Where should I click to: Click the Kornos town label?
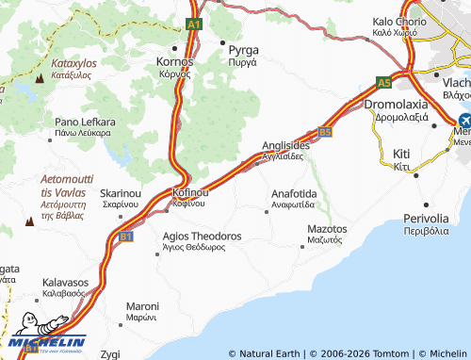click(173, 61)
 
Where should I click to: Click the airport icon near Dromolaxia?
click(464, 121)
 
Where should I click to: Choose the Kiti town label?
click(401, 153)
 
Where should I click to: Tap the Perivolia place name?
click(423, 217)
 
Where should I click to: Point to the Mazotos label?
click(327, 229)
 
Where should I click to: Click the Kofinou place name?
click(189, 192)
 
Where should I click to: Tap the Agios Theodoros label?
click(202, 236)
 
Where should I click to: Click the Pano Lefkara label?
click(85, 123)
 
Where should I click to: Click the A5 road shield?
click(383, 82)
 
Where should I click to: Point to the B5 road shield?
click(325, 133)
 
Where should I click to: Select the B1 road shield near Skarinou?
click(125, 237)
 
